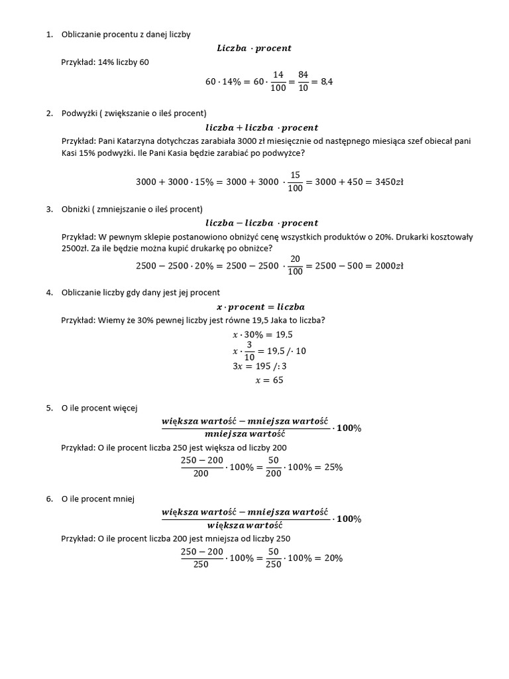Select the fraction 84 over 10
304,82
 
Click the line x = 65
269,381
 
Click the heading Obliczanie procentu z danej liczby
126,34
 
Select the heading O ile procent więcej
99,408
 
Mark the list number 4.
49,292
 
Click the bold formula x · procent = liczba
261,307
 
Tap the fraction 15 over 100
296,182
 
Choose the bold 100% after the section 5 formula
349,428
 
